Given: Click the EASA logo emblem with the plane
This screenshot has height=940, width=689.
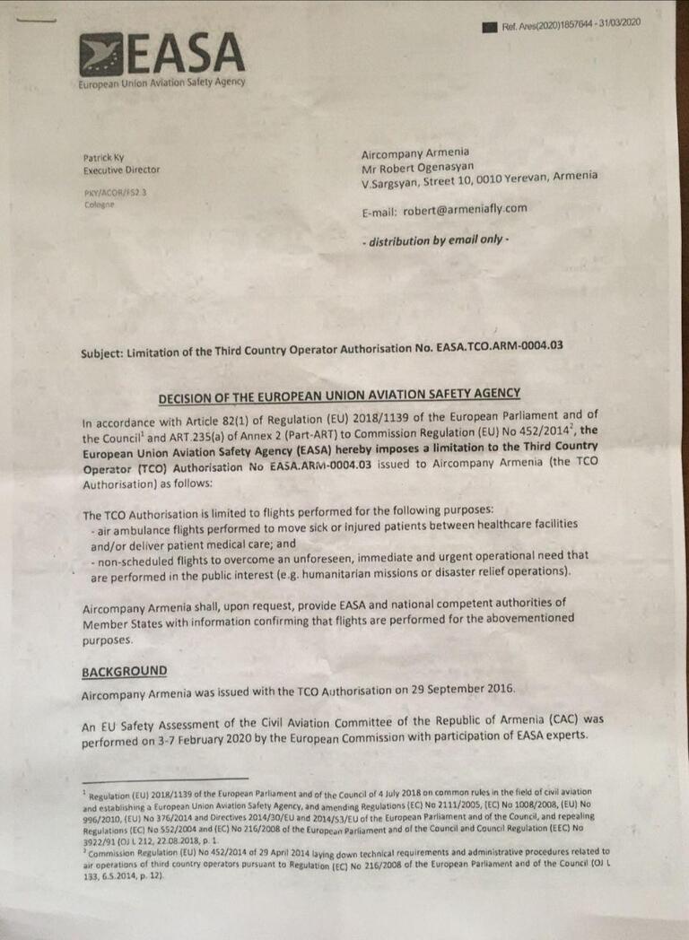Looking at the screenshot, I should click(x=100, y=55).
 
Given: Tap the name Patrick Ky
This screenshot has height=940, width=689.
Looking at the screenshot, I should click(x=104, y=158).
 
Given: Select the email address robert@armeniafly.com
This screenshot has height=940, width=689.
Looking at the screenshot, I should click(x=464, y=210).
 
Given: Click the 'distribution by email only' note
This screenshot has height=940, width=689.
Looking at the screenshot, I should click(x=434, y=240).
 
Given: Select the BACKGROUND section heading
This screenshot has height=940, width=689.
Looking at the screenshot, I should click(x=124, y=671).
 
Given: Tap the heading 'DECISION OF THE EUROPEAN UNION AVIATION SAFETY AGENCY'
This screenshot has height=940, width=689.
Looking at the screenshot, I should click(x=339, y=396).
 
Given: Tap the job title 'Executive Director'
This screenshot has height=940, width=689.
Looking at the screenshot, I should click(x=121, y=170).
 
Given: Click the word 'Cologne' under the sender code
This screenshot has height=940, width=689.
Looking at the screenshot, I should click(x=99, y=205).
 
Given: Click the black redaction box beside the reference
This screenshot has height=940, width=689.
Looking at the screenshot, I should click(x=489, y=27).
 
